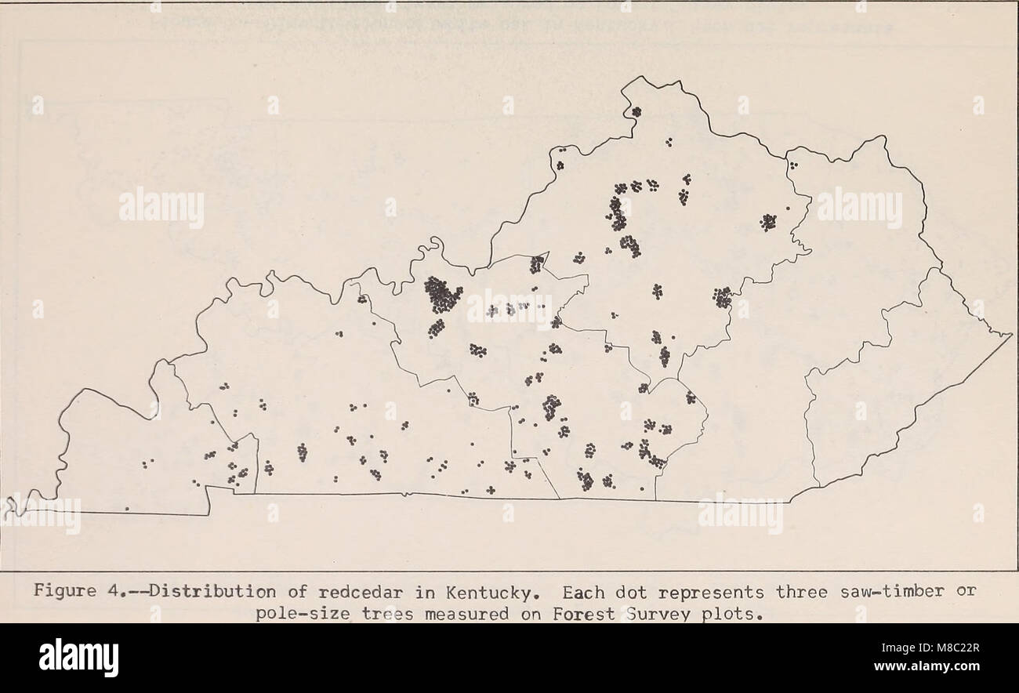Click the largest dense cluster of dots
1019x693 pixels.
point(442,295)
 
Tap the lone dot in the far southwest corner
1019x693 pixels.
point(126,509)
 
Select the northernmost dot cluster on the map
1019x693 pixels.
point(636,111)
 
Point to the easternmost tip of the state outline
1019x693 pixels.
point(1011,335)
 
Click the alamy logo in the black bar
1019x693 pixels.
point(78,658)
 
